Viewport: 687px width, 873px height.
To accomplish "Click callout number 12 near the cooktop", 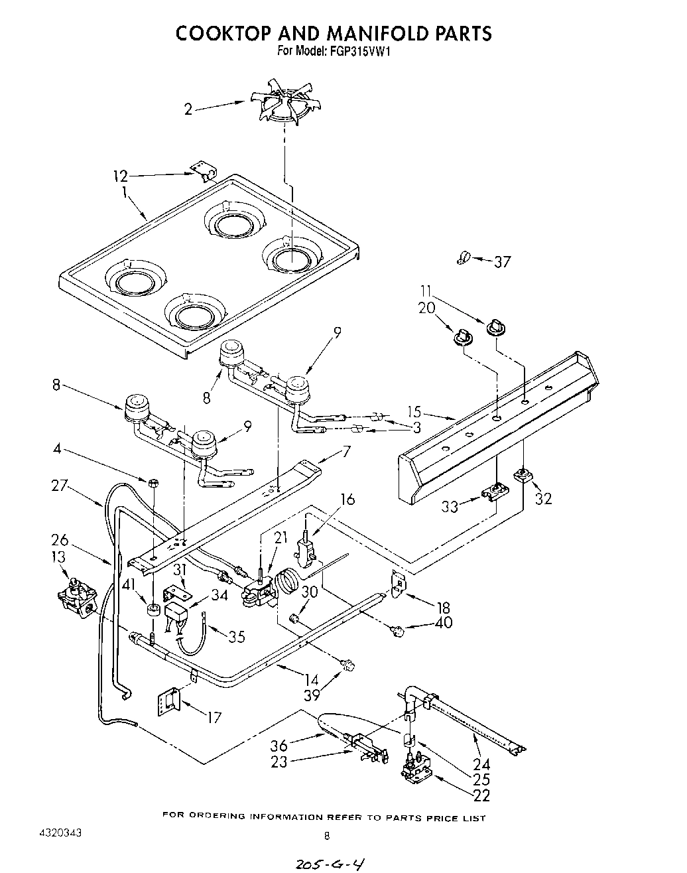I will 120,176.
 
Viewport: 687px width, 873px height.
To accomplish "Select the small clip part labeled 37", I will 463,257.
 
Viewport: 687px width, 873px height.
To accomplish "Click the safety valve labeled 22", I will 416,774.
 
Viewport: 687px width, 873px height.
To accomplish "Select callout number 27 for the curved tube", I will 60,486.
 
